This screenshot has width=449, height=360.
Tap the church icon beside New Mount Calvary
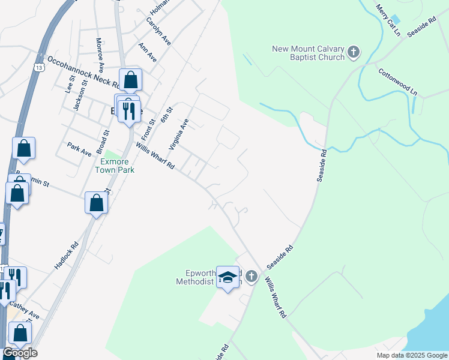(353, 52)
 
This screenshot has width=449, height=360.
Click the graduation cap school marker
(228, 277)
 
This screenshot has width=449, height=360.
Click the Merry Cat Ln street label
(388, 19)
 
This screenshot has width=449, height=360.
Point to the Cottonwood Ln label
(397, 81)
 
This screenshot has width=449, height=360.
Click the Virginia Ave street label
(178, 133)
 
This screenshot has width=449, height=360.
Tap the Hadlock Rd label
(66, 254)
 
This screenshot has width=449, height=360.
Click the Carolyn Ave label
(158, 31)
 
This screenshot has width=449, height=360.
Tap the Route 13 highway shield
(38, 67)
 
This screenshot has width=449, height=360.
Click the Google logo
(19, 353)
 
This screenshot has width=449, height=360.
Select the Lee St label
(70, 82)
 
